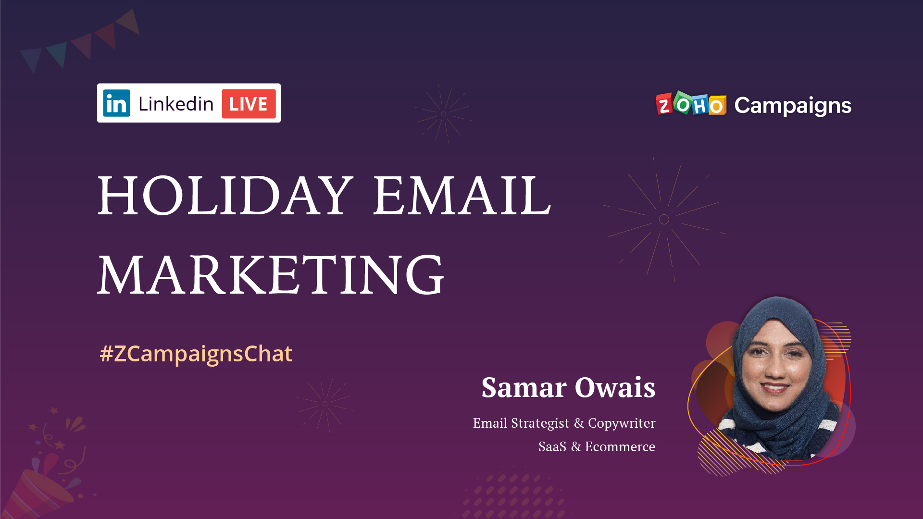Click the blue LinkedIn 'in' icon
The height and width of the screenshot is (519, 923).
pos(116,103)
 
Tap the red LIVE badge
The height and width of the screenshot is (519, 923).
pos(249,104)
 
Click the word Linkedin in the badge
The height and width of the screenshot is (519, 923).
pos(175,104)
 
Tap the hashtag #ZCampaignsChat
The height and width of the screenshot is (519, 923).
pos(196,354)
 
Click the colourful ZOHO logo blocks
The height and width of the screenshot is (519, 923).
pos(691,104)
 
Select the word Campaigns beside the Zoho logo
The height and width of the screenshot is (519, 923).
pos(793,105)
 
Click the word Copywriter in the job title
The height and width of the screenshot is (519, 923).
pos(621,423)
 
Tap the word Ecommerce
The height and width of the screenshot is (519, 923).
pos(620,447)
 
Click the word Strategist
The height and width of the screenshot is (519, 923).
pos(540,423)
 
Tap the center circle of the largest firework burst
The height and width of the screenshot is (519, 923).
pos(664,220)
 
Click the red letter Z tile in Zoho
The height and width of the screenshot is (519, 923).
pos(664,104)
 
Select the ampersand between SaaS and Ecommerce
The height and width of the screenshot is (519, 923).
pos(575,447)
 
